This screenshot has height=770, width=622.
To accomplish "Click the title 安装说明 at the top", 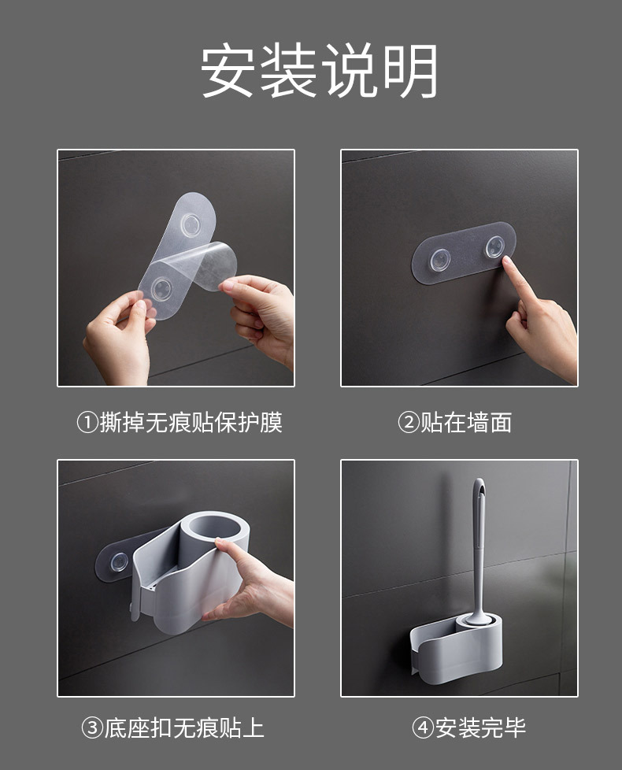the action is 319,70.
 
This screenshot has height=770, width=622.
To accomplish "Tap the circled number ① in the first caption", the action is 88,423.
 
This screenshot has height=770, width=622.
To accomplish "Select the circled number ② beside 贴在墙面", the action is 409,423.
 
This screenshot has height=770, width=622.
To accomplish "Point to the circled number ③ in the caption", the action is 92,727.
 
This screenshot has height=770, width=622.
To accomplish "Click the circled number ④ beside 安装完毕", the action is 423,727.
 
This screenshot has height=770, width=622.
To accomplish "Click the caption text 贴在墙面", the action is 466,423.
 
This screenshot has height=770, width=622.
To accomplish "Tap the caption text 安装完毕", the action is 480,727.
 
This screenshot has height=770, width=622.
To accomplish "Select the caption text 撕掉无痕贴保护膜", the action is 191,423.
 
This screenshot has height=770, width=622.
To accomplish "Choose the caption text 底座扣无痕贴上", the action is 184,727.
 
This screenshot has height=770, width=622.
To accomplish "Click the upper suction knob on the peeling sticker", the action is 190,225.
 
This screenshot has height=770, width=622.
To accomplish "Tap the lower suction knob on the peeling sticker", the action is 161,289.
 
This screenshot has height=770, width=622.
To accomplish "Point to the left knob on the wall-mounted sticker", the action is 440,260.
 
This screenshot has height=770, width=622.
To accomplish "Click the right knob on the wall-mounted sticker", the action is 495,247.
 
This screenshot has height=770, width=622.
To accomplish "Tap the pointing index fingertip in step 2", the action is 506,261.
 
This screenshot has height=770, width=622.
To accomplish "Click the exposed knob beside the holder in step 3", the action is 119,562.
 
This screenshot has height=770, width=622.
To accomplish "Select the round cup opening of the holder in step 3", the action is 215,528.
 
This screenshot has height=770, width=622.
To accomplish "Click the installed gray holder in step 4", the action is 456,649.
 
